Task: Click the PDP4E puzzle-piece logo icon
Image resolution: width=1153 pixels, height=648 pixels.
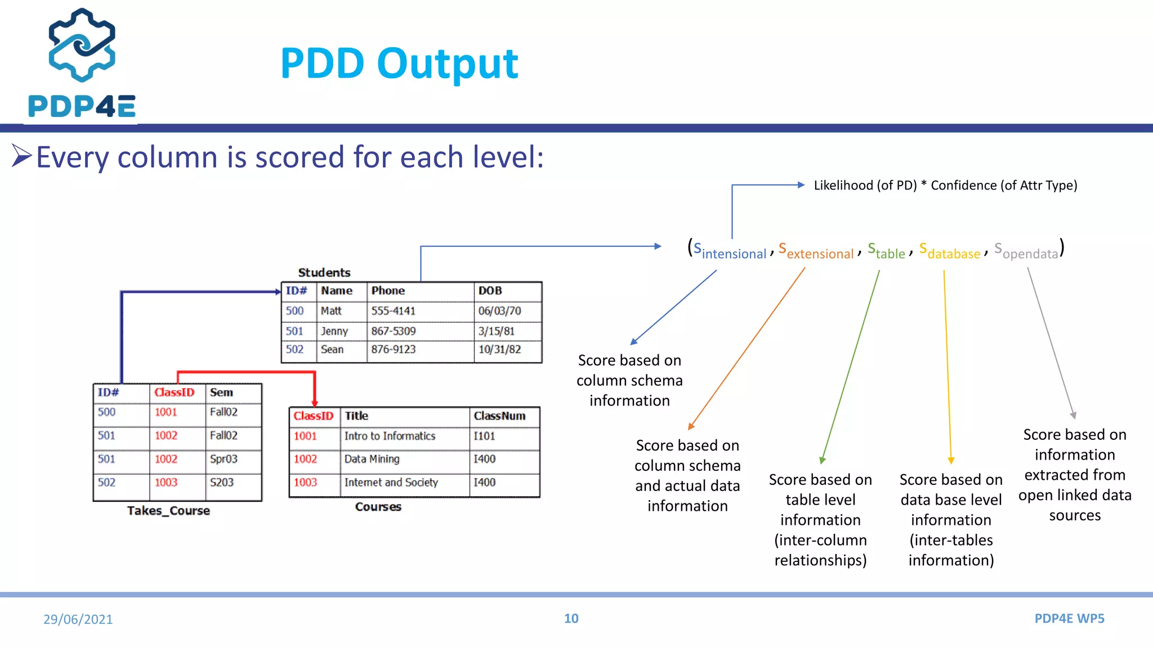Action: [82, 44]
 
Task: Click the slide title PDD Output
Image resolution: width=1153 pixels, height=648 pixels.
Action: [399, 64]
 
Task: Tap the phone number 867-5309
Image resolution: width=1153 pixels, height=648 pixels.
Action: [393, 331]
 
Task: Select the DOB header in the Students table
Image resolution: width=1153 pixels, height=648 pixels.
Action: [490, 291]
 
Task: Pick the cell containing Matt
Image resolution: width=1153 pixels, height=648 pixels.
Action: [331, 311]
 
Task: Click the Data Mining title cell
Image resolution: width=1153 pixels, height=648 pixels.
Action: [372, 459]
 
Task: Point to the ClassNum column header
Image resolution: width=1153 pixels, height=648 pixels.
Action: [499, 416]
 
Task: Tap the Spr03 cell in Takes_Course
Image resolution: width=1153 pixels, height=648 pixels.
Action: [224, 459]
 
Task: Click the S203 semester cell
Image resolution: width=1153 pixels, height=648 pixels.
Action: [222, 483]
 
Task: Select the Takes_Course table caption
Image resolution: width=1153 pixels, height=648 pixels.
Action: [168, 511]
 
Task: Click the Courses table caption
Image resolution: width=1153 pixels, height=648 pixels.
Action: [378, 507]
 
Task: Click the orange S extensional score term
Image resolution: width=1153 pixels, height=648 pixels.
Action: [816, 251]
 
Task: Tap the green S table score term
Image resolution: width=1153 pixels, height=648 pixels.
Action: [886, 251]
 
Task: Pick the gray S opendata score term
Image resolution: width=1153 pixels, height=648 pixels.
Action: [1026, 251]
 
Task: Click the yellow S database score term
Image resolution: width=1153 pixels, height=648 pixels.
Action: [950, 251]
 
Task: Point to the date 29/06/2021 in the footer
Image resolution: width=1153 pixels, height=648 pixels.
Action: [78, 619]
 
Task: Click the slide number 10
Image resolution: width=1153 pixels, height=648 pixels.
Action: [571, 619]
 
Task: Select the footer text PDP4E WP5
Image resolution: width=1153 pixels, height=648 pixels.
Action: [1069, 619]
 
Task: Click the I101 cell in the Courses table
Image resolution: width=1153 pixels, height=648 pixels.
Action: [484, 436]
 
